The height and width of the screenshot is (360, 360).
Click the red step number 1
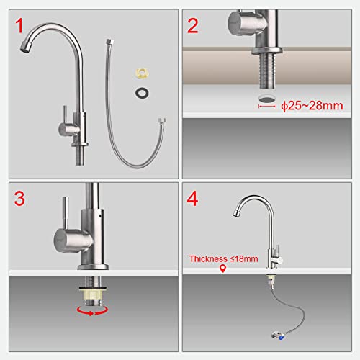coord(19,26)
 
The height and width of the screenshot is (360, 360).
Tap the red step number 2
coord(192,26)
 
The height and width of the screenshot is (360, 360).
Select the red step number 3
coord(19,199)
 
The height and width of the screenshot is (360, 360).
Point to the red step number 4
coord(192,199)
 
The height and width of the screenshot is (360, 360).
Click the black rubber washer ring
coord(142,93)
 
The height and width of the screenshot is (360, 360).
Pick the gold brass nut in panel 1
coord(142,73)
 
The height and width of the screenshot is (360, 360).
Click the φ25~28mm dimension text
coord(312,106)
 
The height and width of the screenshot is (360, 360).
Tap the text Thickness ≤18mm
coord(223,258)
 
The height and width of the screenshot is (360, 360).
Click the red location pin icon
coord(223,269)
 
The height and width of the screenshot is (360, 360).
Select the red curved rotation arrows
coord(92,311)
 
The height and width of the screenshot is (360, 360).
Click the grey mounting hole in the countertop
coord(267,99)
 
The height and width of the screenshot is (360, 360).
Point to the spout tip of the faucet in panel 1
coord(24,47)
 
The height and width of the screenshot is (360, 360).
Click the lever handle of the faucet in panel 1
coord(65,114)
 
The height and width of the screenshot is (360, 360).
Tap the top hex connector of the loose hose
coord(110,42)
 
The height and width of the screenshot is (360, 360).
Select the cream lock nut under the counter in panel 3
coord(93,293)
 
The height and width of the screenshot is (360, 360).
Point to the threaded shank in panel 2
coord(267,71)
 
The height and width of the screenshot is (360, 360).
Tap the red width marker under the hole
coord(267,106)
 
